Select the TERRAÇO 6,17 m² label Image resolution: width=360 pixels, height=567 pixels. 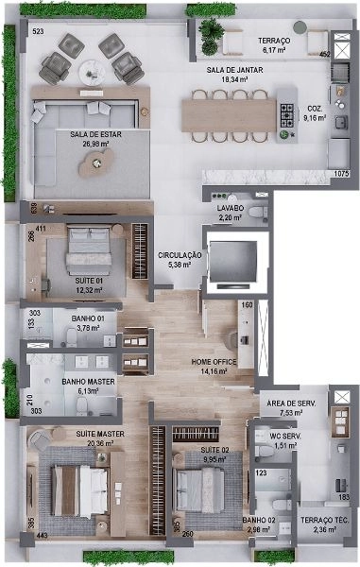point(274,44)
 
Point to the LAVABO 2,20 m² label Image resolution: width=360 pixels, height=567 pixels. point(231,213)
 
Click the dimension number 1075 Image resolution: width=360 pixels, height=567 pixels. point(341,174)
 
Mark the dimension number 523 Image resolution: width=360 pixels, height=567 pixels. point(38,32)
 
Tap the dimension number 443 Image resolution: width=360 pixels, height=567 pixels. point(42,536)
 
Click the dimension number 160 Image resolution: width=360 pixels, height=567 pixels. point(247,306)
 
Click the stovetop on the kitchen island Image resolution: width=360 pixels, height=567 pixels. point(287,112)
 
